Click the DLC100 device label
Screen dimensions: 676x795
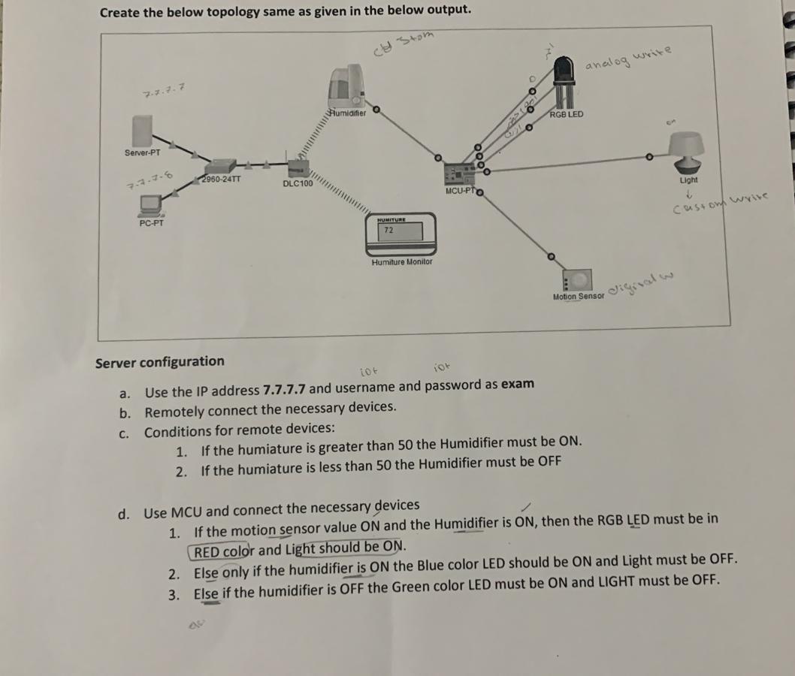(x=298, y=183)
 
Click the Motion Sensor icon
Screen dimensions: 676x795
(x=578, y=280)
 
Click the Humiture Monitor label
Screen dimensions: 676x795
(x=401, y=262)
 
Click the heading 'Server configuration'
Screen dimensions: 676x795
(x=159, y=361)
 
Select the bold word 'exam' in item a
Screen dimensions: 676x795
(x=518, y=385)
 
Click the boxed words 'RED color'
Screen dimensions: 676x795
(x=223, y=551)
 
